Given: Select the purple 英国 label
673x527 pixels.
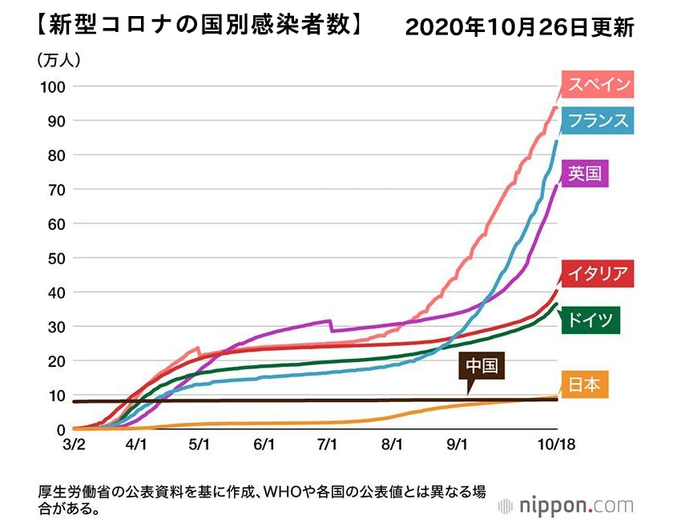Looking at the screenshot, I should (x=585, y=172).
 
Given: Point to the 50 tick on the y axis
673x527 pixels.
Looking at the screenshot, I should (x=55, y=258).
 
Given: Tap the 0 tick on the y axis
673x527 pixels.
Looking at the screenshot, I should (x=59, y=429).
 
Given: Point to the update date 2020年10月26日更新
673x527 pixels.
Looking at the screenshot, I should (x=519, y=27).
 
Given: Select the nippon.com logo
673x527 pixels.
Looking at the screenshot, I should (x=565, y=505).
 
